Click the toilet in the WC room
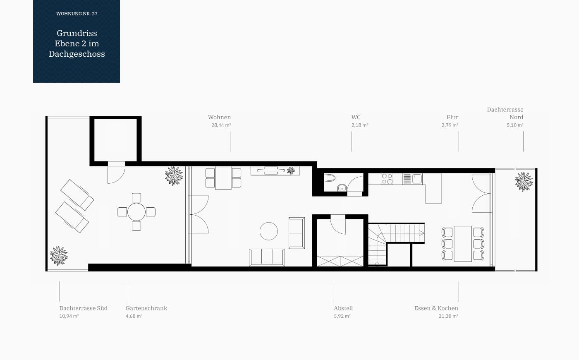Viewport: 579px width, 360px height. coord(330,178)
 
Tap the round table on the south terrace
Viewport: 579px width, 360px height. coord(136,212)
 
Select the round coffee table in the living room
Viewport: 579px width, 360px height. coord(268,231)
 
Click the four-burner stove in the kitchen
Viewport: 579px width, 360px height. coord(387,179)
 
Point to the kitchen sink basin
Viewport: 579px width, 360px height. coord(417,178)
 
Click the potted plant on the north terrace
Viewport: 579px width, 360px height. coord(524,182)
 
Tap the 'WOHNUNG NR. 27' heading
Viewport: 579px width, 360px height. coord(77,14)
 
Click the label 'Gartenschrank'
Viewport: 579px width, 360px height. coord(146,308)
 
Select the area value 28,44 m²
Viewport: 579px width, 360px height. coord(221,125)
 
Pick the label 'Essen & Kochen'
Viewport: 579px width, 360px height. coord(436,308)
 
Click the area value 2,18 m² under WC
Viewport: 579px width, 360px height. coord(359,125)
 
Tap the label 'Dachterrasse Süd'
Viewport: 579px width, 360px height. coord(83,308)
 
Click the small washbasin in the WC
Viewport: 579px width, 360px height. coord(342,187)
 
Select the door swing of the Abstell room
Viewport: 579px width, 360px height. coord(338,227)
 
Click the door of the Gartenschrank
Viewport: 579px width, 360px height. coord(116,175)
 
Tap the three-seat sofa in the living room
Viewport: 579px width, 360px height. coord(267,257)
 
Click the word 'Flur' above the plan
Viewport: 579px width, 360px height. coord(452,117)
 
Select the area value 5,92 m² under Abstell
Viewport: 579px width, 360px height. coord(342,316)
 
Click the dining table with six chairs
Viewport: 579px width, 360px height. coord(463,244)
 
